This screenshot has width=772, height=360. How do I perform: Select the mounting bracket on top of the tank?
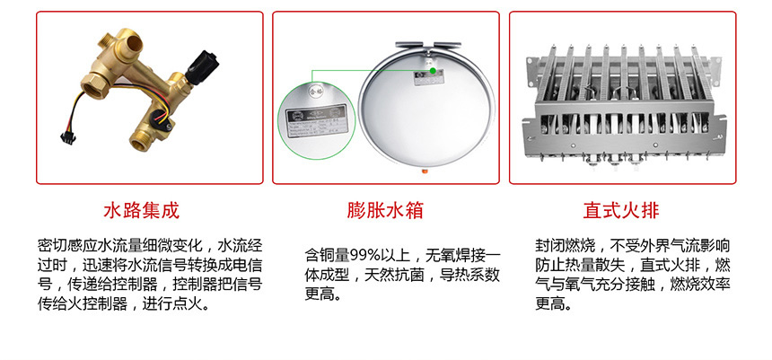tap(433, 41)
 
